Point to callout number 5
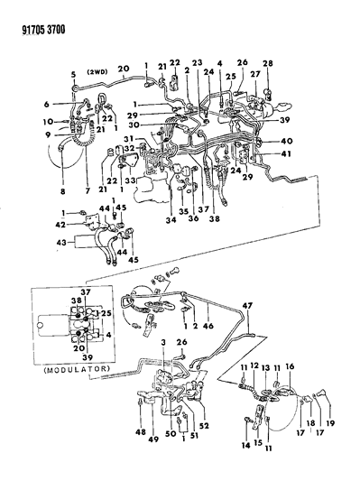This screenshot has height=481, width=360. pyautogui.click(x=73, y=73)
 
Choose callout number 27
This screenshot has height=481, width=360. pyautogui.click(x=254, y=76)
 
